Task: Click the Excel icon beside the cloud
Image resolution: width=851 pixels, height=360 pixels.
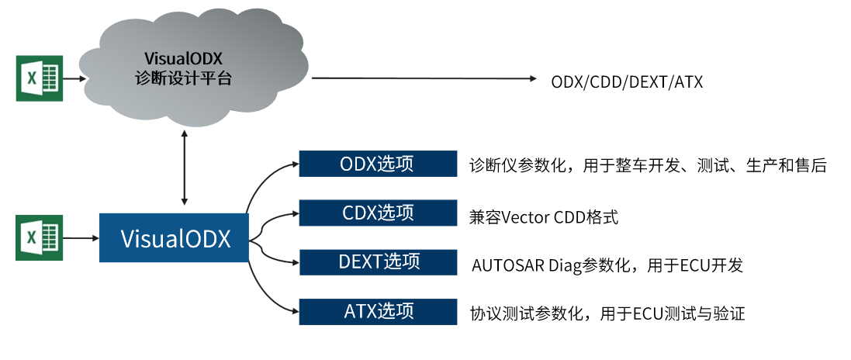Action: [x=39, y=78]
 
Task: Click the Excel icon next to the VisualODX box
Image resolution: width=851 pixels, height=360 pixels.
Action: [x=39, y=238]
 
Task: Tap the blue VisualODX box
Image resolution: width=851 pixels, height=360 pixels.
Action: [x=175, y=238]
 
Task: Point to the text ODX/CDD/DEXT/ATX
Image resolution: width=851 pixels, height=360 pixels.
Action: [x=627, y=81]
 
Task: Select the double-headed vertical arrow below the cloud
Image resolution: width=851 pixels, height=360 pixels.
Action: [x=184, y=168]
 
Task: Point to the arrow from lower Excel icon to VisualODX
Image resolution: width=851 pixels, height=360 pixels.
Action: [x=80, y=238]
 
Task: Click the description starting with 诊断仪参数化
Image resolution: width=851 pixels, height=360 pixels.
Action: [x=648, y=165]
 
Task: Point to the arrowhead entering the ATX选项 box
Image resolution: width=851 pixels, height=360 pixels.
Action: [x=295, y=312]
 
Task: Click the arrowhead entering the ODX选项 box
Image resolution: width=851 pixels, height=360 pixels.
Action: [x=295, y=164]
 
